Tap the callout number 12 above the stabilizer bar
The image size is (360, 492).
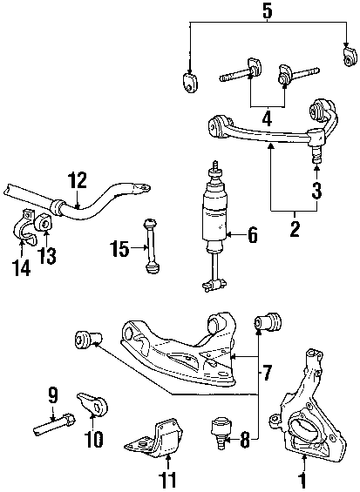tap(77, 180)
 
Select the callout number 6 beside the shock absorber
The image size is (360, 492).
tap(252, 235)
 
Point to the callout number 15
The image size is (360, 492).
tap(119, 248)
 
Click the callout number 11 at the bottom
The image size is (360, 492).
tap(168, 480)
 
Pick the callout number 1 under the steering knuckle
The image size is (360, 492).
tap(303, 480)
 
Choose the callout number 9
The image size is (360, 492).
tap(53, 395)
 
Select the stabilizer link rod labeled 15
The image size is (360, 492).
tap(152, 246)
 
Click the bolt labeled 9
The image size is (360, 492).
tap(54, 423)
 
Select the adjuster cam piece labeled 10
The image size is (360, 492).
tap(92, 403)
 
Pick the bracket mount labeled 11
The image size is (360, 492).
tap(154, 436)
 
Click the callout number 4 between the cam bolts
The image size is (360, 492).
tap(267, 118)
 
